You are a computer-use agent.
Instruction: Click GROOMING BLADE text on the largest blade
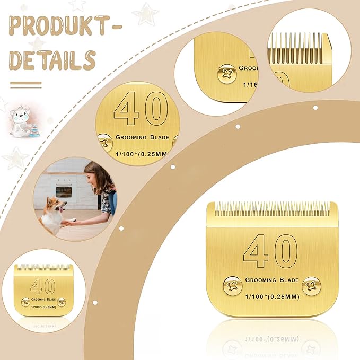click(271, 279)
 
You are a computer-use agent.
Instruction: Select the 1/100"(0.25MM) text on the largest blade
click(271, 298)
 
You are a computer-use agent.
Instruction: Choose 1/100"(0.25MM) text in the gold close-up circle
click(139, 154)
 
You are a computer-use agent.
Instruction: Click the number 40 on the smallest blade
click(42, 287)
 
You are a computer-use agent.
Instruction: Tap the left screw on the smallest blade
click(25, 302)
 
